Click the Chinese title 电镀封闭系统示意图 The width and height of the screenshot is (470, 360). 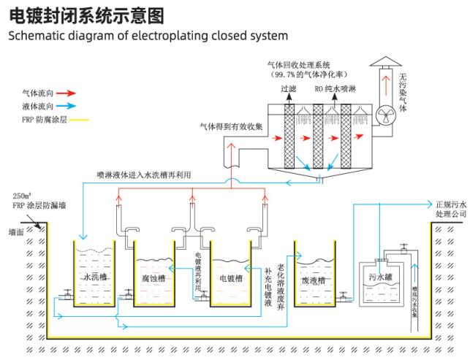[x=86, y=15]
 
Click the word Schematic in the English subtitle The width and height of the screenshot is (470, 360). [x=37, y=35]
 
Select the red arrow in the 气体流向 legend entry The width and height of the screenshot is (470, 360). [x=67, y=93]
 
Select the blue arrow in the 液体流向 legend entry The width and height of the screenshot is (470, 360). [x=67, y=106]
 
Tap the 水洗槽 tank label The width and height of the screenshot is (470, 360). [x=96, y=277]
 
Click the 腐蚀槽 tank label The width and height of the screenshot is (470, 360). [x=151, y=277]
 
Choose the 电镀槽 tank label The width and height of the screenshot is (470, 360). [x=229, y=277]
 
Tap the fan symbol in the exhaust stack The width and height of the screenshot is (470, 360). [x=384, y=115]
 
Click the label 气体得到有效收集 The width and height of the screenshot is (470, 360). [x=232, y=126]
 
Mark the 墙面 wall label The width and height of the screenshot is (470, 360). [x=17, y=231]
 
